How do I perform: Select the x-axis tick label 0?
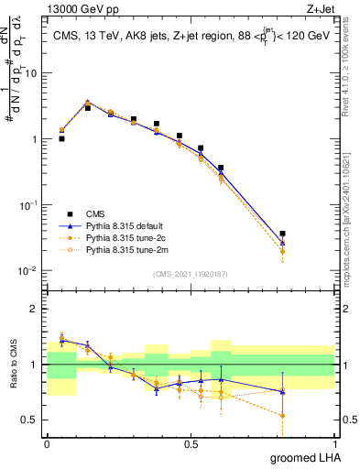point(47,444)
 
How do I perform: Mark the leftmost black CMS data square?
point(61,139)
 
